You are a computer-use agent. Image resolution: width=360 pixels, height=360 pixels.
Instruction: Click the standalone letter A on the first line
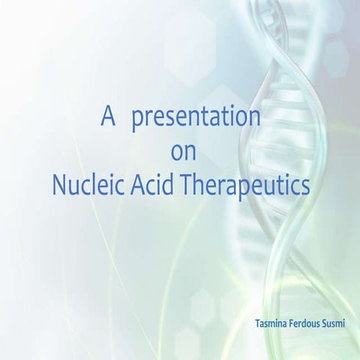pyautogui.click(x=109, y=118)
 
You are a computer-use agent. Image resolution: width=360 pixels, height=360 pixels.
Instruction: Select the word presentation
pyautogui.click(x=196, y=119)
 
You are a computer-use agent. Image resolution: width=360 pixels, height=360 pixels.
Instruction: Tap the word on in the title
pyautogui.click(x=184, y=152)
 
